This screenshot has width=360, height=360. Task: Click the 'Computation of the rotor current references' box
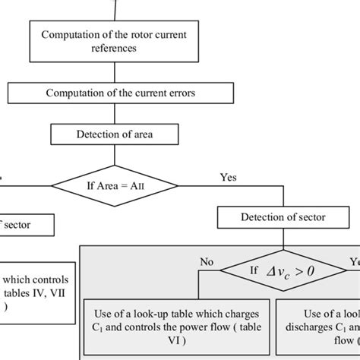pos(115,41)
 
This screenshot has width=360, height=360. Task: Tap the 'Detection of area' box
pos(115,134)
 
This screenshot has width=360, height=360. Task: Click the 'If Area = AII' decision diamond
pos(115,185)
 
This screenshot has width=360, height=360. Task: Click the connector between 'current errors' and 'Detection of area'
pos(115,114)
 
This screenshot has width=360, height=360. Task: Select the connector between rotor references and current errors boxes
pos(115,72)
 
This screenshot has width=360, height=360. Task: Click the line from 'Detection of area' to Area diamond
pos(115,155)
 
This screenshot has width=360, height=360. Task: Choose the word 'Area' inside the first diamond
pos(106,185)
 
